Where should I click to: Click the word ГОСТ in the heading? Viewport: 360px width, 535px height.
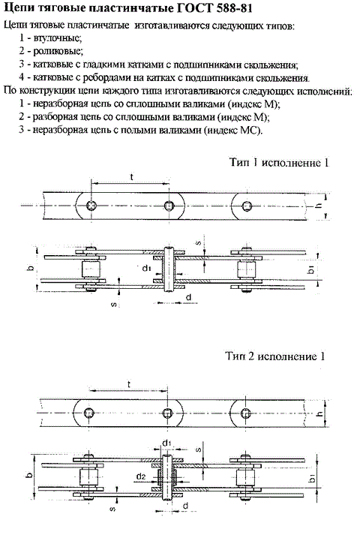click(x=193, y=8)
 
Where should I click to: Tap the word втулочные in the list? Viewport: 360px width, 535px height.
click(x=58, y=38)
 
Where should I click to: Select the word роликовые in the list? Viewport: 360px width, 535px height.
click(x=58, y=51)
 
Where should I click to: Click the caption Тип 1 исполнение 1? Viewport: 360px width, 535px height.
click(x=279, y=162)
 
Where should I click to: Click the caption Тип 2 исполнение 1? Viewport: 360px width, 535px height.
click(x=275, y=356)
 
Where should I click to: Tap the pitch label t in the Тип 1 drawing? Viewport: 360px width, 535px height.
click(x=131, y=177)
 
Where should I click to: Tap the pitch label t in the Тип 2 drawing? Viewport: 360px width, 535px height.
click(x=129, y=384)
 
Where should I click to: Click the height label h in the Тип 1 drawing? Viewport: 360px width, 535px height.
click(x=319, y=206)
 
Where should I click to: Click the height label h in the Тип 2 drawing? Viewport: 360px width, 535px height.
click(x=320, y=413)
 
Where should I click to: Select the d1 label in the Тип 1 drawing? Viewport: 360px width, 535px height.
click(x=146, y=269)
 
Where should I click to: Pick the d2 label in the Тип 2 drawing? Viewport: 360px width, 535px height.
click(x=141, y=476)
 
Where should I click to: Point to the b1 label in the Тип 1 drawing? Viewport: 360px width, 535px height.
click(x=311, y=269)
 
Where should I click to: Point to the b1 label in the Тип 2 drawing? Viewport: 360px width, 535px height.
click(x=311, y=478)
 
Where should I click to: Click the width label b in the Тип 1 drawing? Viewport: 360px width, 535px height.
click(x=31, y=268)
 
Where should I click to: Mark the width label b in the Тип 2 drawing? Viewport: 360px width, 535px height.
click(x=29, y=475)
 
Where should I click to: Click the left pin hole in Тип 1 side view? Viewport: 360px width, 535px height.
click(x=91, y=206)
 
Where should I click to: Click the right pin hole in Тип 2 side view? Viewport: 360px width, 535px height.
click(x=245, y=413)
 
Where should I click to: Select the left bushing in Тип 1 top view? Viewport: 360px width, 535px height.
click(x=91, y=269)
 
